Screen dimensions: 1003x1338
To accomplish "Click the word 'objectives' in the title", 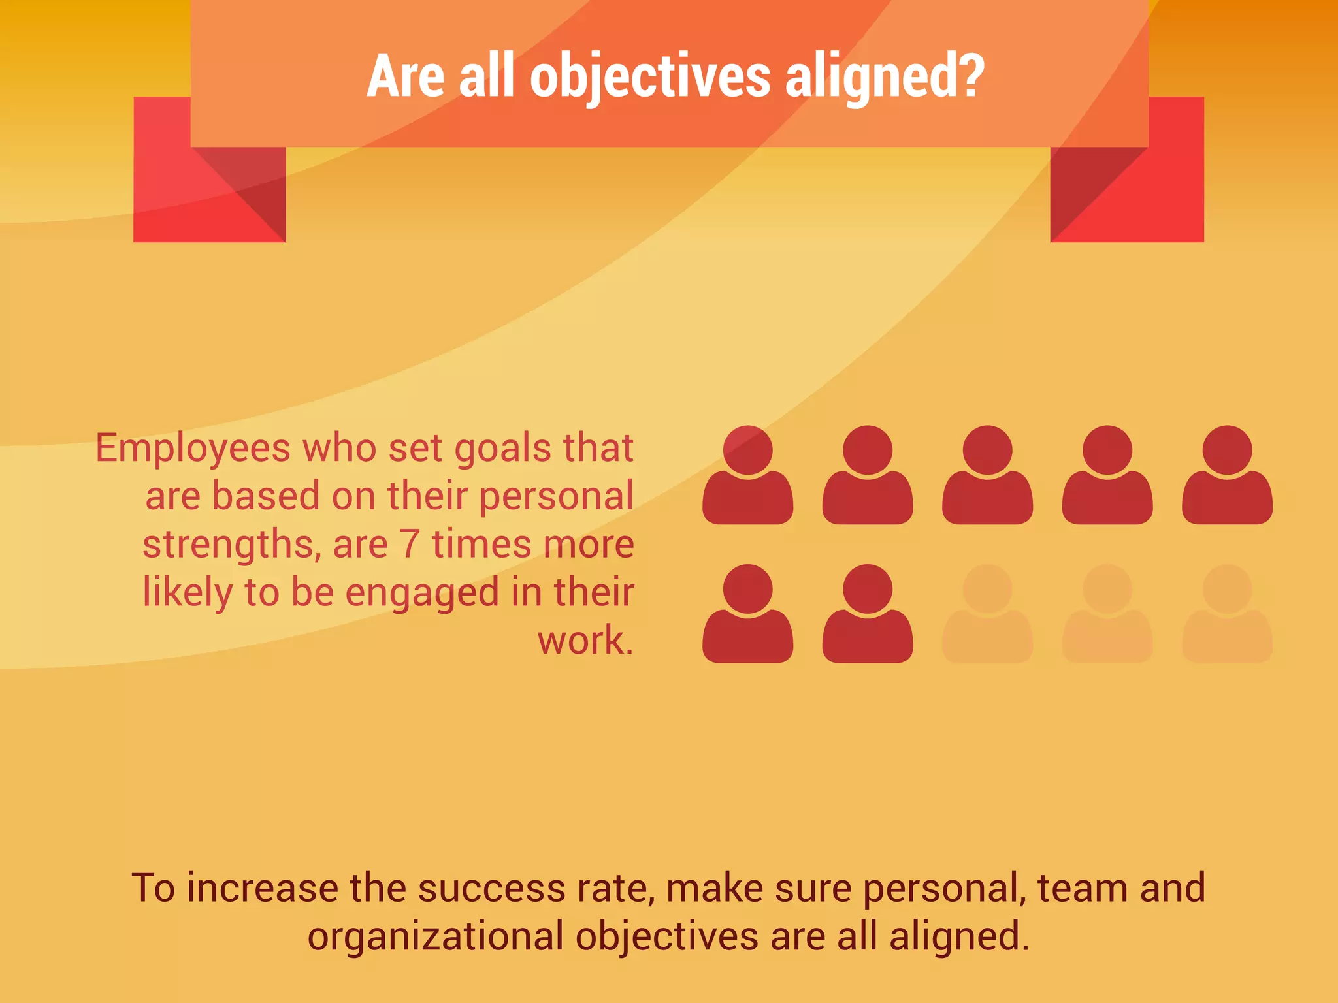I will [650, 77].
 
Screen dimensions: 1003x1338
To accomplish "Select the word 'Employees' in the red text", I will [193, 449].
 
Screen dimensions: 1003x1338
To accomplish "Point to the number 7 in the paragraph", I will [409, 544].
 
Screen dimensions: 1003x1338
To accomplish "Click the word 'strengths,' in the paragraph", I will [232, 545].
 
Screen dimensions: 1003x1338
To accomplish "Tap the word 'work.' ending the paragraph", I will [585, 641].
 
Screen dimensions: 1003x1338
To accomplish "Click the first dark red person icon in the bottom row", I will [747, 614].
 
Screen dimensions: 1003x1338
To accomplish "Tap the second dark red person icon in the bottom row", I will [868, 614].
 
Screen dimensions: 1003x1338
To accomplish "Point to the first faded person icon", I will [987, 614].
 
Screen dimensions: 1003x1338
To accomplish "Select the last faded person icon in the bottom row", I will [1227, 614].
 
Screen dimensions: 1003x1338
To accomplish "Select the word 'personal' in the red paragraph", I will [557, 497].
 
